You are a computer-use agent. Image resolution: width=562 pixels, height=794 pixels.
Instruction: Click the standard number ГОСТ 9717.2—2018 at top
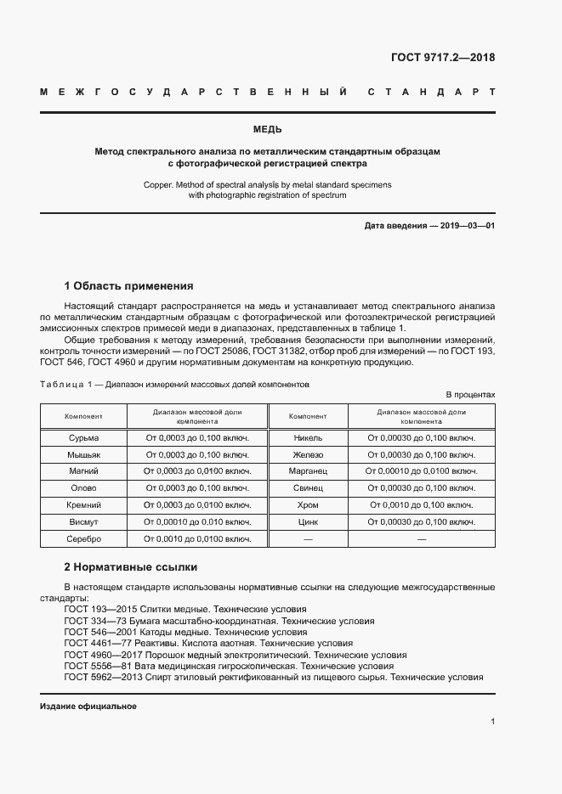(442, 59)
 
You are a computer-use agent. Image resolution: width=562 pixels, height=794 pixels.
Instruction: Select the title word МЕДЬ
(268, 130)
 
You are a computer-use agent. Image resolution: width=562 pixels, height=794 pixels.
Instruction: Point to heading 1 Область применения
(128, 285)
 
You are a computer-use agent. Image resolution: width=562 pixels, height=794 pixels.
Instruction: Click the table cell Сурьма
(83, 438)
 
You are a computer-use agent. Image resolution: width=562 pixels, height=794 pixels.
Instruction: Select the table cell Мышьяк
(83, 454)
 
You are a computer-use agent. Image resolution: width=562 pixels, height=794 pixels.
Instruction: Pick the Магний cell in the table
(83, 470)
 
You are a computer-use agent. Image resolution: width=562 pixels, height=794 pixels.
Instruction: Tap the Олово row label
(83, 487)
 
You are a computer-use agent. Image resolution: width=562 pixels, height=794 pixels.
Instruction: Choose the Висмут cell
(83, 521)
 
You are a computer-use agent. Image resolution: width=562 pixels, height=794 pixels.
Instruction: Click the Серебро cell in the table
(83, 538)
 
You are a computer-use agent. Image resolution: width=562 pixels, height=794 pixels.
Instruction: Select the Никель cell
(308, 438)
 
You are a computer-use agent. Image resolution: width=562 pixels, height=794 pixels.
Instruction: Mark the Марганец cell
(308, 470)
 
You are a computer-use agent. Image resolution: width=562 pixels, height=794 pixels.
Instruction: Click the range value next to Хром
(421, 504)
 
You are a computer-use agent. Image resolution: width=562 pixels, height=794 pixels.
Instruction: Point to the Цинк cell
(308, 521)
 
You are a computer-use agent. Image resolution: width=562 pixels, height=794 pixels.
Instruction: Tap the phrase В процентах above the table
(470, 395)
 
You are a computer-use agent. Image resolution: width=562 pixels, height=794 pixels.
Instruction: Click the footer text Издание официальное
(88, 707)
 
